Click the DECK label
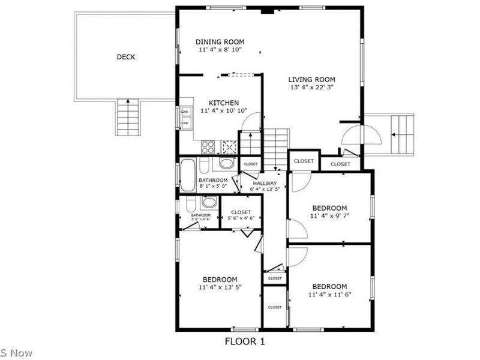click(x=125, y=57)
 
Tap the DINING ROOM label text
click(x=220, y=42)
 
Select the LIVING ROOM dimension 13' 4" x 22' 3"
click(x=311, y=88)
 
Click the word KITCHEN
click(x=224, y=103)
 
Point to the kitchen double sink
click(x=185, y=117)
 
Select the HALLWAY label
click(x=265, y=184)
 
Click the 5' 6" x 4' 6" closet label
click(x=241, y=218)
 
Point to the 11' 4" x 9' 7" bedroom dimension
click(x=329, y=215)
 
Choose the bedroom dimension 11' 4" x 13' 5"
click(x=220, y=287)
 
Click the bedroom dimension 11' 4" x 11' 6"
click(x=329, y=295)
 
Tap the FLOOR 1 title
click(x=245, y=341)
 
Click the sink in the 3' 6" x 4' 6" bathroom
click(x=208, y=202)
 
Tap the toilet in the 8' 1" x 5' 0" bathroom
click(x=226, y=163)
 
